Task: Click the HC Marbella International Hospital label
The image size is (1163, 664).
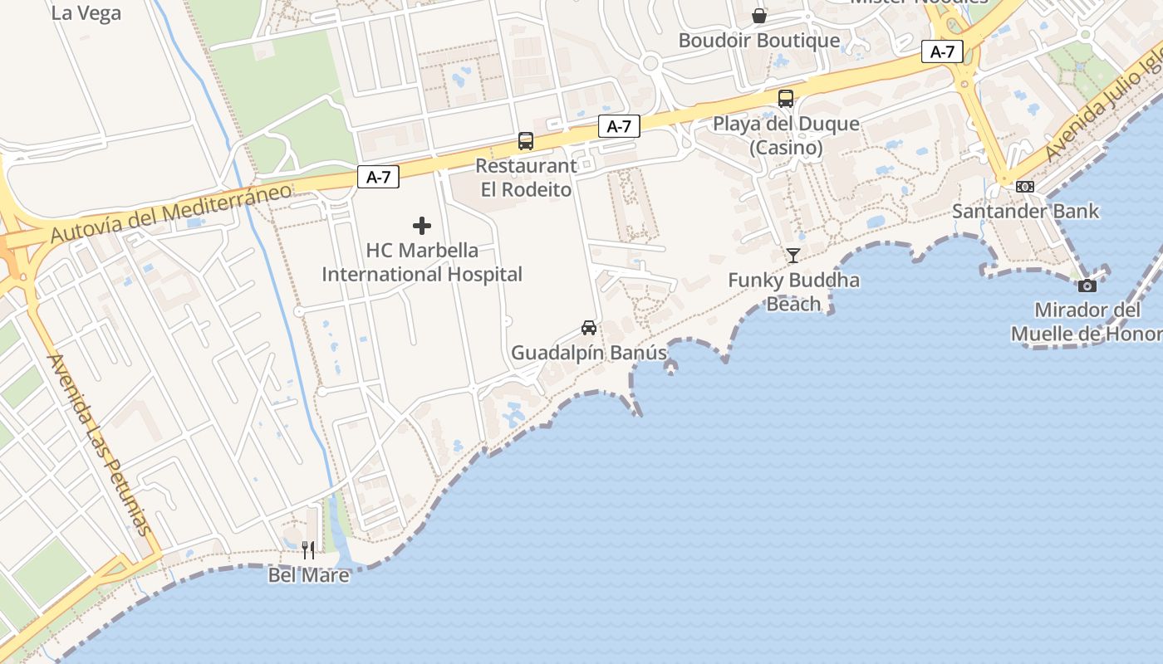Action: pos(422,262)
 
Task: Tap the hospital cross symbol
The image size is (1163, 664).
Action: pos(422,226)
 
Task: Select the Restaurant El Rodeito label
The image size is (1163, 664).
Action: pos(526,178)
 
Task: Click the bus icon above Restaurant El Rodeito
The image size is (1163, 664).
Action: pos(526,141)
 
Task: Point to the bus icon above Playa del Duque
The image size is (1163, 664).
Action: pos(786,99)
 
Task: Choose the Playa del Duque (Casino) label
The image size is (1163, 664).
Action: pos(786,136)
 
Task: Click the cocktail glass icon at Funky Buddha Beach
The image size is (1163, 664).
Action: pos(793,255)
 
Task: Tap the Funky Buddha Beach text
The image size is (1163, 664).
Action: pos(793,292)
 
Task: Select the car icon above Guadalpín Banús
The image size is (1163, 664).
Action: pos(589,327)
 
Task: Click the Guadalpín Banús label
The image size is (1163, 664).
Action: pos(589,353)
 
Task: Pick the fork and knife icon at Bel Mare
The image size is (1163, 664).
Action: pos(308,549)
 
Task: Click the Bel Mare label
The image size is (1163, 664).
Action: pos(308,574)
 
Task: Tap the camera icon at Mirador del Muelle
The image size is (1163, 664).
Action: pos(1087,286)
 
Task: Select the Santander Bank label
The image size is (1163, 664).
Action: pos(1025,212)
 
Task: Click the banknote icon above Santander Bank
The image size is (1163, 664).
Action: pos(1025,187)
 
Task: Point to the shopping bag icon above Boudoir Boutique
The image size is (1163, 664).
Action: pos(759,16)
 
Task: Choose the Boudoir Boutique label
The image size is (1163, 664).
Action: pos(759,41)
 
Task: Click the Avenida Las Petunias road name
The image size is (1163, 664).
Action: pos(100,444)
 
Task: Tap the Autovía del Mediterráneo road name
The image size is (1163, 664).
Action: pos(171,214)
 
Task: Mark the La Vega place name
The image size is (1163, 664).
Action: pos(86,13)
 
